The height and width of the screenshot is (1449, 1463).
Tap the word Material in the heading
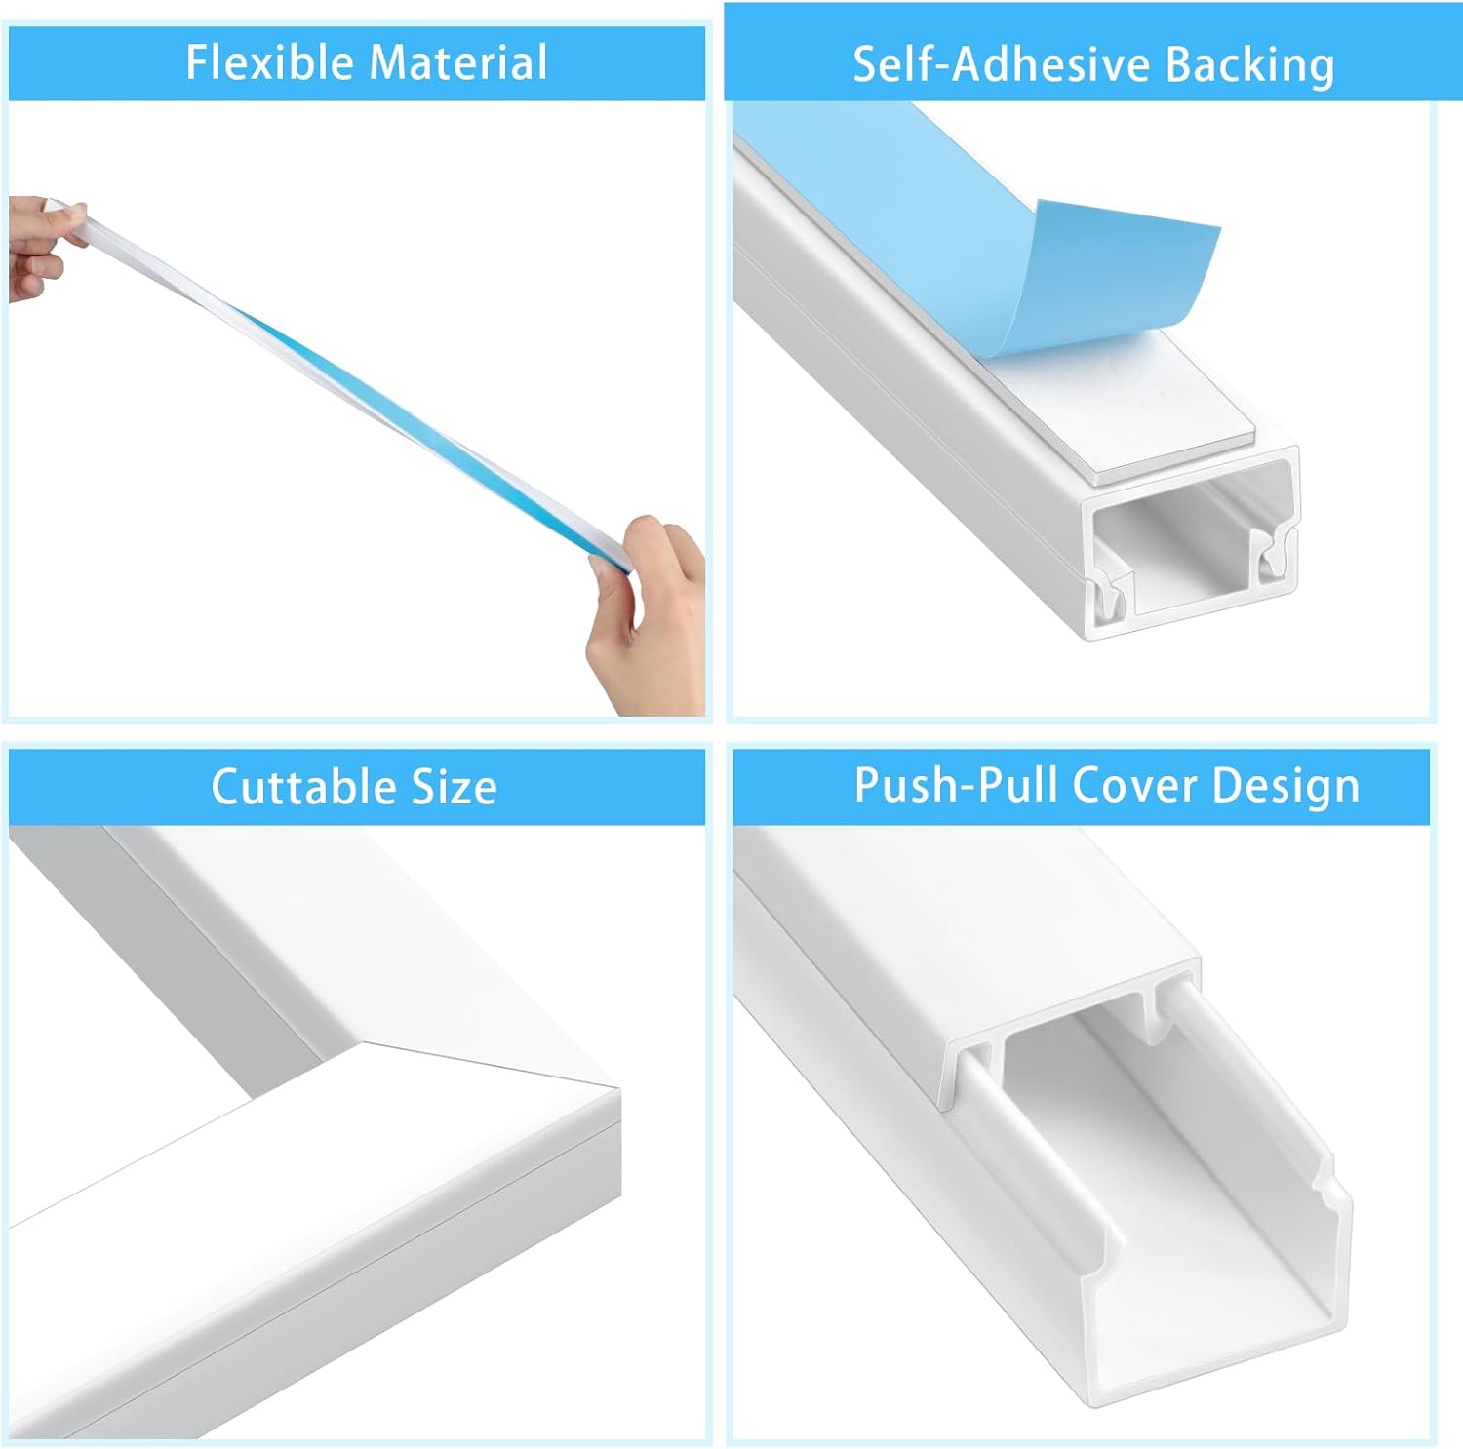pyautogui.click(x=458, y=62)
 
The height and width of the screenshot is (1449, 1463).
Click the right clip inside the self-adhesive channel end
pyautogui.click(x=1276, y=558)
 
